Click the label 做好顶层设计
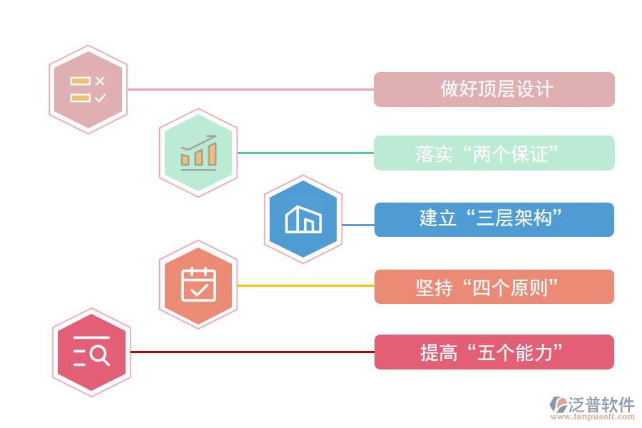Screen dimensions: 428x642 [494, 89]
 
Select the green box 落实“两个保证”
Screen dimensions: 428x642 [494, 153]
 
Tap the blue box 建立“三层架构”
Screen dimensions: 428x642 [494, 219]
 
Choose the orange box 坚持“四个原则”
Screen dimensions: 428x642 [494, 286]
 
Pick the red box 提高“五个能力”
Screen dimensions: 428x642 [494, 352]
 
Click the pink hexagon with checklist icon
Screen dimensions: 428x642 [88, 90]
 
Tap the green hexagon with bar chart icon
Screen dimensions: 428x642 [198, 153]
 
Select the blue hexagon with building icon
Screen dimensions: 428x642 [303, 219]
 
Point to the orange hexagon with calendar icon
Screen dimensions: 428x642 [198, 285]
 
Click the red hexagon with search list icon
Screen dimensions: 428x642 [91, 352]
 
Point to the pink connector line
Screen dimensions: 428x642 [250, 89]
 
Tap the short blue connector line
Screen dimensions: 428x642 [358, 225]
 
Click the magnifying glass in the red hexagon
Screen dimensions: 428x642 [100, 355]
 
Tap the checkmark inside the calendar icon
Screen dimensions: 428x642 [199, 289]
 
